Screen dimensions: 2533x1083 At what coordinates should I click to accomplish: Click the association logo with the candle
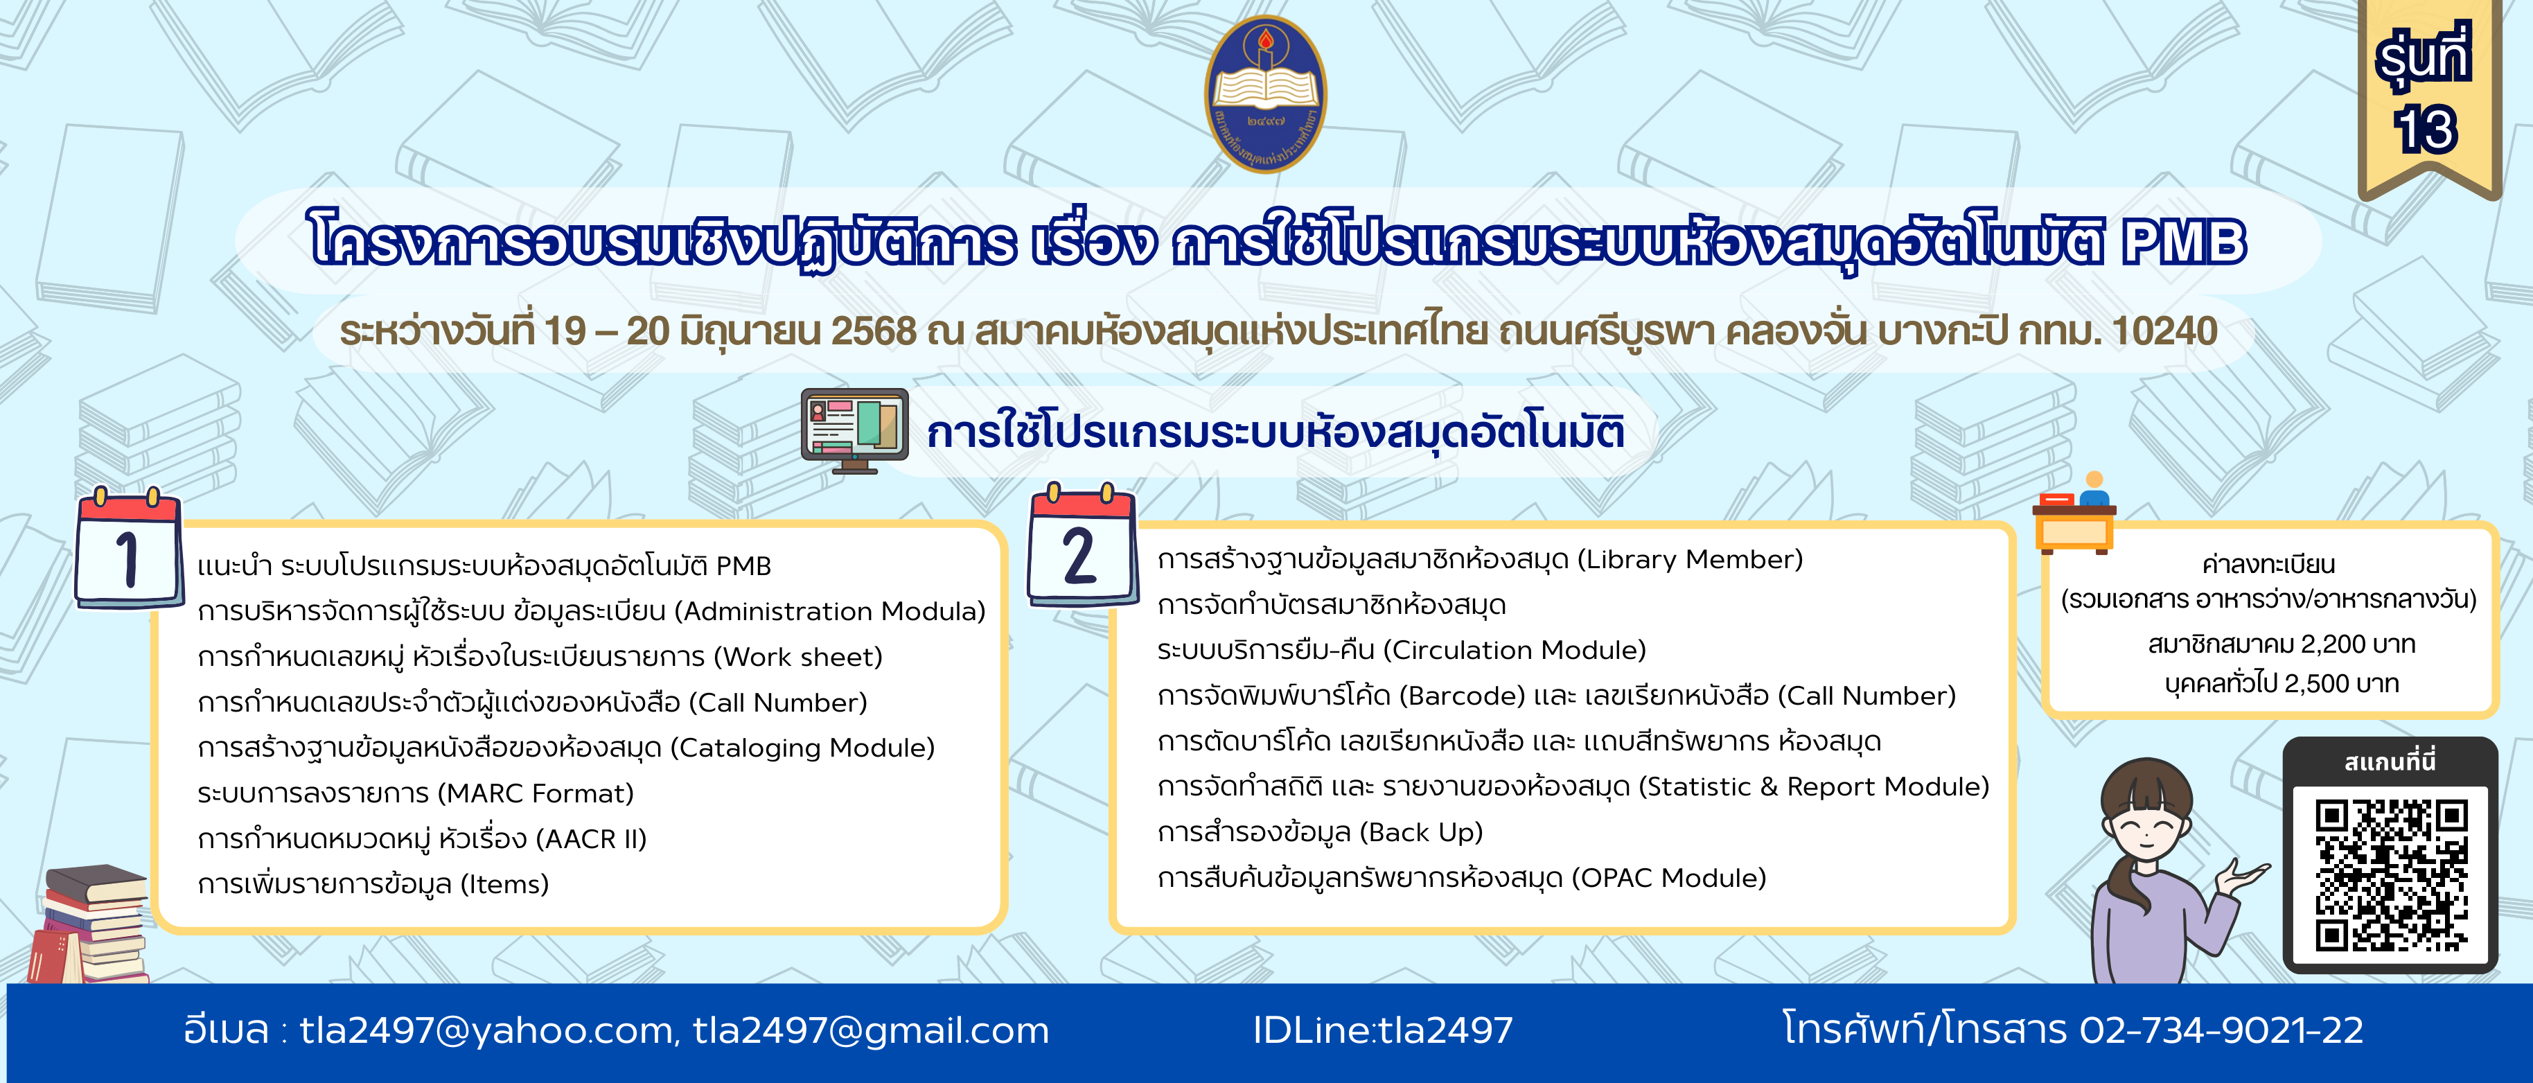click(1266, 94)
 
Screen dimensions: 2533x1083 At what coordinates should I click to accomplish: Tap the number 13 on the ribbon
click(2426, 129)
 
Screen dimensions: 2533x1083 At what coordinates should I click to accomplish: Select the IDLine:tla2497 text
click(1382, 1030)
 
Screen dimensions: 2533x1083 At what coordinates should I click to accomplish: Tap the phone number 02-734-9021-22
click(2221, 1030)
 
